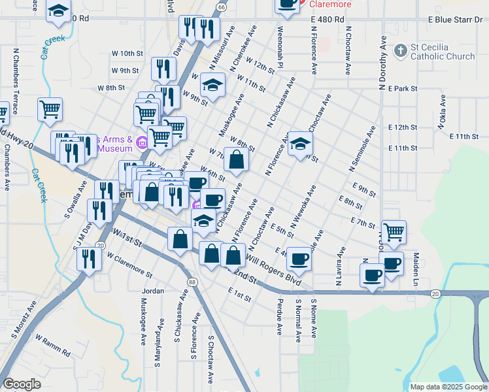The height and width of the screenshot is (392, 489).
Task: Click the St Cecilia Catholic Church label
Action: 443,52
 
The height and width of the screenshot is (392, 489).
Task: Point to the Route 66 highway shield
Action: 221,7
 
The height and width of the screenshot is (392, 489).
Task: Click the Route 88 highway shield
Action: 192,282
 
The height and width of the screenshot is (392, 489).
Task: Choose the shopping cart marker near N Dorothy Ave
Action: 393,231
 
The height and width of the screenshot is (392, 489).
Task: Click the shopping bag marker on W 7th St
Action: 236,159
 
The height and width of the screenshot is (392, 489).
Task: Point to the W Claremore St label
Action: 129,265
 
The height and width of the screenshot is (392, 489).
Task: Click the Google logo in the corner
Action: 22,384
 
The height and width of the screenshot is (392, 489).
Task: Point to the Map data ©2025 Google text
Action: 448,387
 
